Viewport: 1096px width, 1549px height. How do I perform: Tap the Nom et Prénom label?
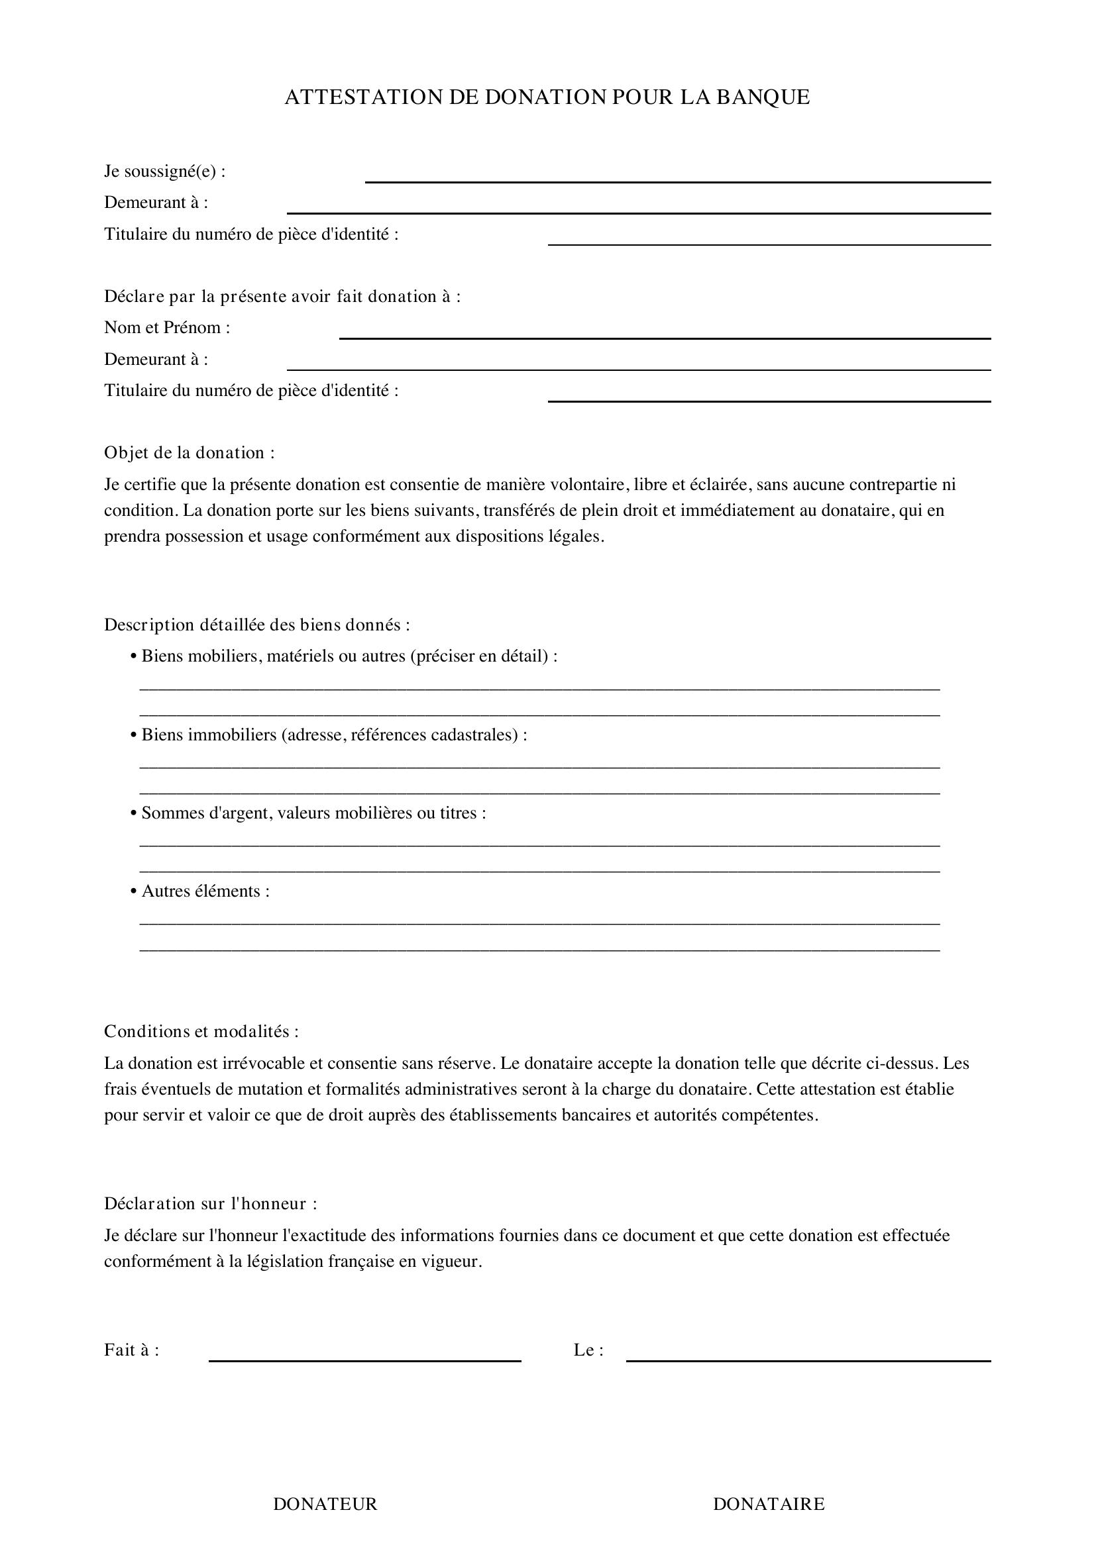coord(167,328)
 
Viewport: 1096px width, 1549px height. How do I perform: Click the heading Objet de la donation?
coord(189,453)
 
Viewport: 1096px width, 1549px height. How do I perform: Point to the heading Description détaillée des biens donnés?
coord(256,625)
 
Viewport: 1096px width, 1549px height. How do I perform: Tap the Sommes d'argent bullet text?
coord(313,813)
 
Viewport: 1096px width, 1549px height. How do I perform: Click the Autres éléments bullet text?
coord(205,891)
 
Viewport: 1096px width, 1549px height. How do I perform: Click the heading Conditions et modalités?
coord(201,1032)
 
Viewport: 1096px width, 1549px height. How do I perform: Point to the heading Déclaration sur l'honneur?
coord(210,1203)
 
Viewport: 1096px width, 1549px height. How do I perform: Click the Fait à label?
coord(131,1350)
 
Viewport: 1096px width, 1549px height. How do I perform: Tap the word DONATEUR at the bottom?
coord(325,1504)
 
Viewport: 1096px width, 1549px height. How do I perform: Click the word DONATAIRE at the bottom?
coord(769,1504)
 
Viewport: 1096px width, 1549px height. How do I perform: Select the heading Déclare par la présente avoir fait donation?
coord(282,297)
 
